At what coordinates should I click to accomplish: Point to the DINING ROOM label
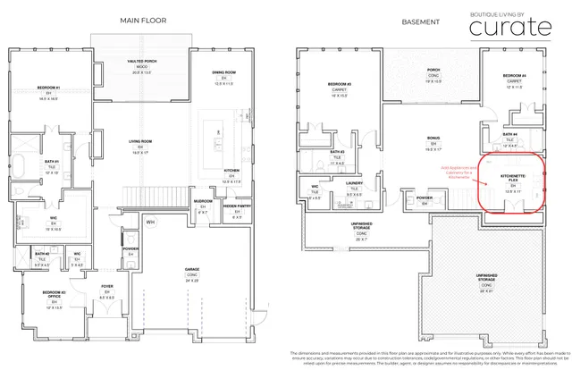click(x=223, y=72)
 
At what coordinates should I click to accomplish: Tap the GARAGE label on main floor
click(x=191, y=268)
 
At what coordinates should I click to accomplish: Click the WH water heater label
click(x=151, y=221)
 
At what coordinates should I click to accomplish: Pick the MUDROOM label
click(x=203, y=202)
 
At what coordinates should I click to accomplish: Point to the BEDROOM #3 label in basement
click(x=339, y=86)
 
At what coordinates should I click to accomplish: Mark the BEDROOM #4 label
click(x=513, y=76)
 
